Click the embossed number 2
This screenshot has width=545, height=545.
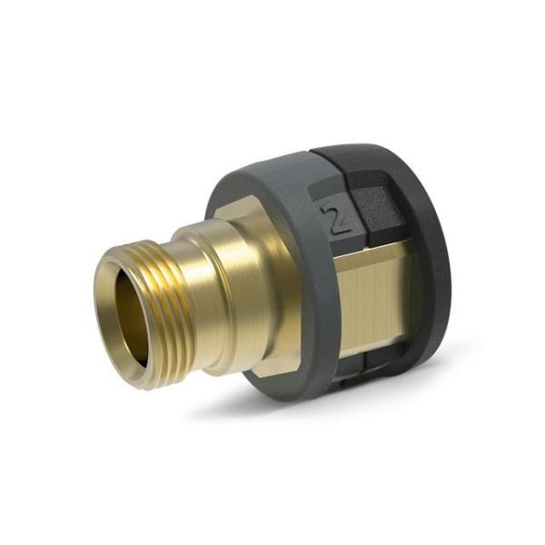(x=339, y=219)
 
